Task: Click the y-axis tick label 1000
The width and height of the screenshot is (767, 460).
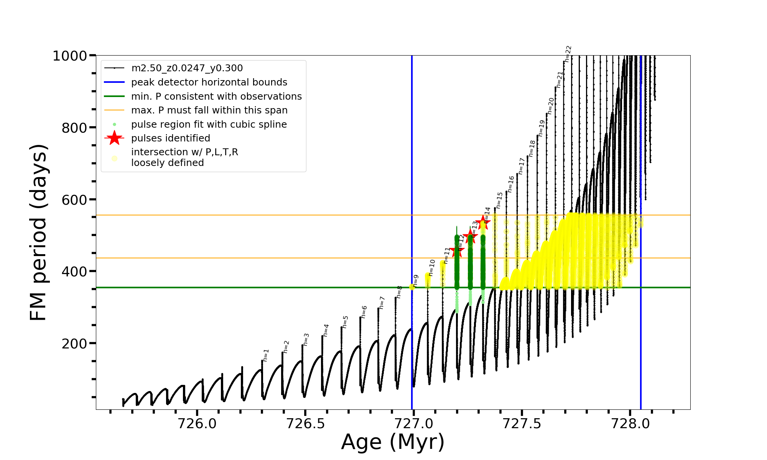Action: pos(70,56)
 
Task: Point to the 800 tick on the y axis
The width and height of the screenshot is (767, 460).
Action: pos(74,128)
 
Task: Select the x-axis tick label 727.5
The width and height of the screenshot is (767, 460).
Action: pos(522,424)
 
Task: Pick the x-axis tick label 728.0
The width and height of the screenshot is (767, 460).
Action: pos(630,424)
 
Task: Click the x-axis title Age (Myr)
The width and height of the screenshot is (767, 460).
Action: pos(393,442)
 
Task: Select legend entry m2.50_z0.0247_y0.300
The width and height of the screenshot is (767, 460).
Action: pos(187,68)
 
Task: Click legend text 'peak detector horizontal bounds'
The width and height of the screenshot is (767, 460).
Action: pos(209,82)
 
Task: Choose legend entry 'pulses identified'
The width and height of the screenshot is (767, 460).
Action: pos(171,138)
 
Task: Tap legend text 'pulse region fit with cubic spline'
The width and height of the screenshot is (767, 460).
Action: pos(209,125)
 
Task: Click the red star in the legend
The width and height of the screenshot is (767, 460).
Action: pos(114,138)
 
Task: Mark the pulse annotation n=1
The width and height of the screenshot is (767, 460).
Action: pos(266,355)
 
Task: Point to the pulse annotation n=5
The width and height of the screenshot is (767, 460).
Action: pos(346,322)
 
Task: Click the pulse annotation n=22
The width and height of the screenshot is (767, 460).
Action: pos(568,54)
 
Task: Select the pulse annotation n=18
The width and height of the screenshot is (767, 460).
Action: pos(532,149)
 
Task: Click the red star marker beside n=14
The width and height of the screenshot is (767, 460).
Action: pos(482,222)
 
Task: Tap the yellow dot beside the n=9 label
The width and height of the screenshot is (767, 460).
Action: pos(412,287)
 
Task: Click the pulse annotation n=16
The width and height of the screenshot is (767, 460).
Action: pos(511,184)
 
